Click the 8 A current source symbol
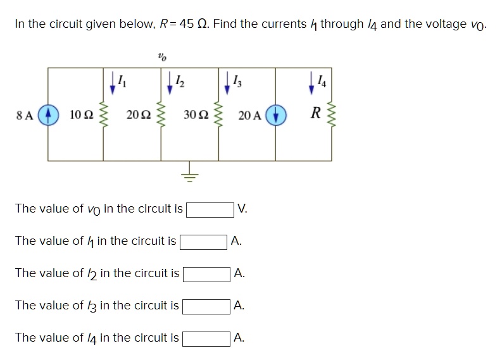point(48,115)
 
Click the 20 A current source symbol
point(275,115)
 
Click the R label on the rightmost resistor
point(315,115)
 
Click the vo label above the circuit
point(161,57)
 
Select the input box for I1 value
point(204,241)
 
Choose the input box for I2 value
point(206,273)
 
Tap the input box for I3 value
point(206,306)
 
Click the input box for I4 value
point(206,338)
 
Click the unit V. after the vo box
point(242,209)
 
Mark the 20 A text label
point(249,115)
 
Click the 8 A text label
point(25,115)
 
